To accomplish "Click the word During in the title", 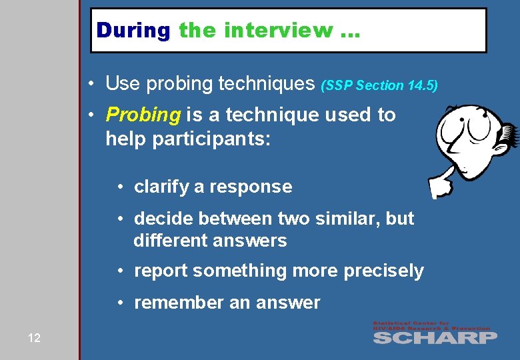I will point(133,30).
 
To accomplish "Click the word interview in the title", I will point(279,30).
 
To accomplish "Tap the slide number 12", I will point(34,338).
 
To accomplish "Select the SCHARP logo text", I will point(435,337).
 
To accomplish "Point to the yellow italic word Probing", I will point(143,115).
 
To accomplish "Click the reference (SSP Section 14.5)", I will point(379,85).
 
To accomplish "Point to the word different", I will point(172,240).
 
